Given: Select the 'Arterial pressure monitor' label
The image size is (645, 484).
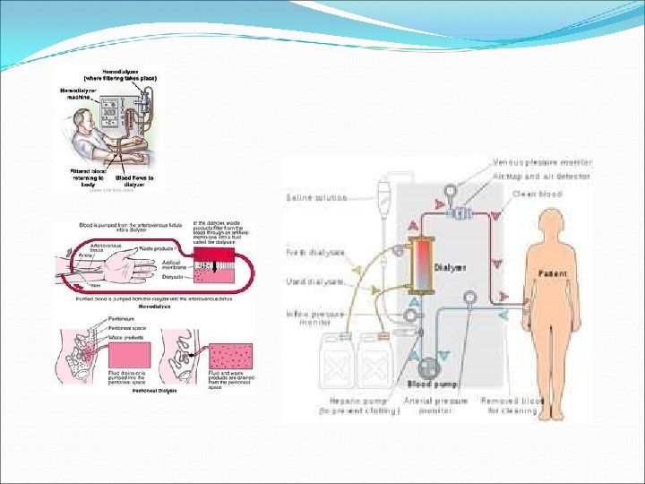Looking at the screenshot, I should click(436, 406).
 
